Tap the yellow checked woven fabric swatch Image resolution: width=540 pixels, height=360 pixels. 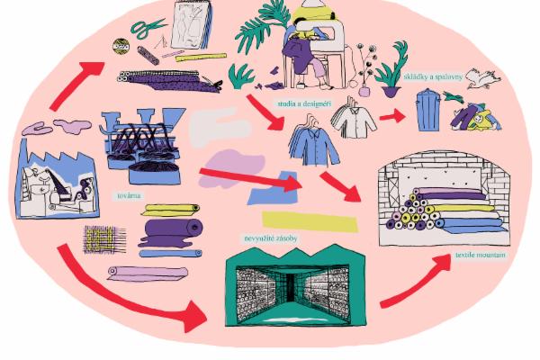(103, 238)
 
